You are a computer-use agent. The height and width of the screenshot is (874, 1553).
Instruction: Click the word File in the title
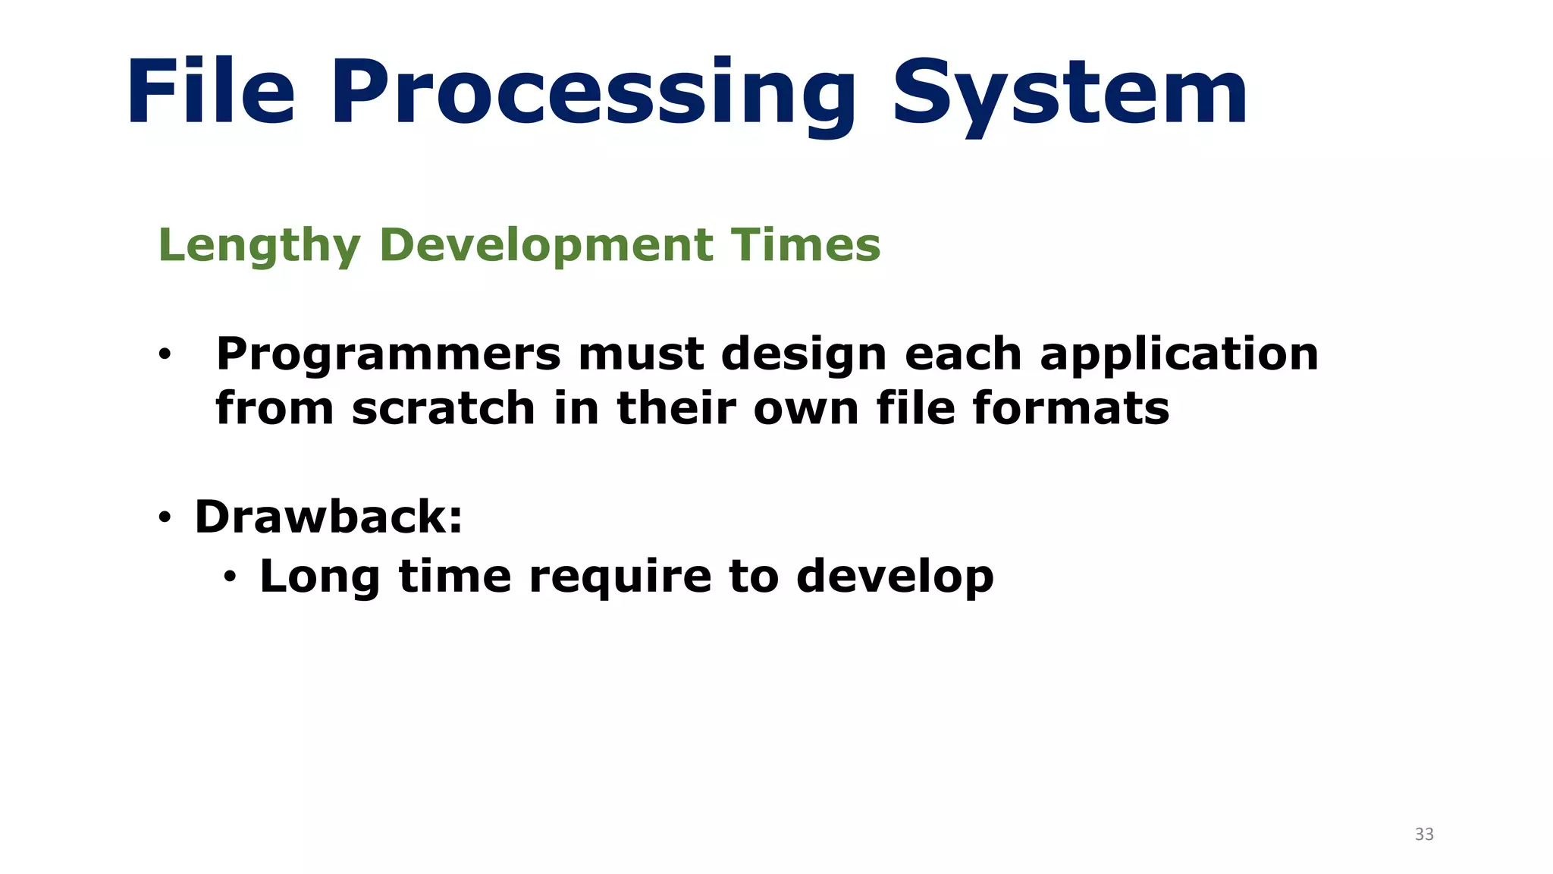[x=210, y=93]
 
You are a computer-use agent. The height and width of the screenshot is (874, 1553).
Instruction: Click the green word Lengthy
[x=259, y=246]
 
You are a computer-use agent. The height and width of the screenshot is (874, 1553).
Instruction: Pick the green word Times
[x=805, y=246]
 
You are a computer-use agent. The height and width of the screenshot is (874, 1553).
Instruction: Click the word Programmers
[x=387, y=355]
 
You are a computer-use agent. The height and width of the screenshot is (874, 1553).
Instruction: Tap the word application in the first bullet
[x=1179, y=355]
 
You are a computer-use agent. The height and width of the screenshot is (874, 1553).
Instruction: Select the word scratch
[x=444, y=409]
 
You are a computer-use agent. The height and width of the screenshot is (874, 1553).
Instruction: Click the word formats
[x=1071, y=409]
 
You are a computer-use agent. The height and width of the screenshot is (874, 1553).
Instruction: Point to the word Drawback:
[x=328, y=517]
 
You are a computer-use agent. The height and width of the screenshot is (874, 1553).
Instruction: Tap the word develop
[x=895, y=577]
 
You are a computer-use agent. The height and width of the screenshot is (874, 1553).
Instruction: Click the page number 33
[x=1424, y=835]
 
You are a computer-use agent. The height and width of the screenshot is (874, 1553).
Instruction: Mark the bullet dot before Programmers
[x=164, y=355]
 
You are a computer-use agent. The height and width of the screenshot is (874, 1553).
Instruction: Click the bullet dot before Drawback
[x=164, y=519]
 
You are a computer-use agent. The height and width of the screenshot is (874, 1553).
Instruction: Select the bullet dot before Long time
[x=230, y=578]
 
